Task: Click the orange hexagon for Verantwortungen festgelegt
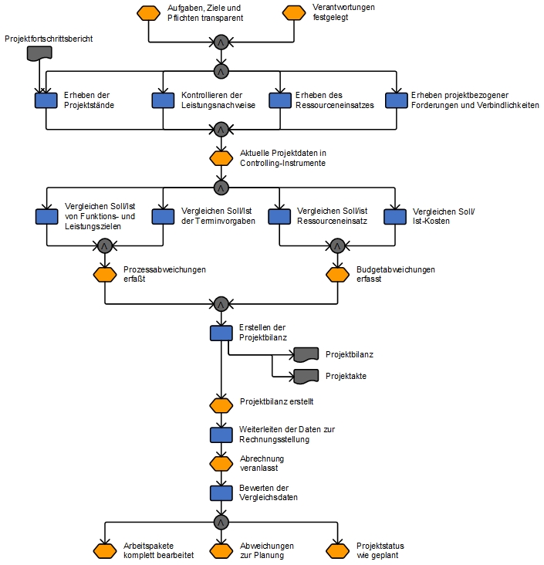point(294,12)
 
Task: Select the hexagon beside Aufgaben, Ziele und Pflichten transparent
point(148,13)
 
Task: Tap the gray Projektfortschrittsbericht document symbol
point(39,53)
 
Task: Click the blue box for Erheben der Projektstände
point(46,100)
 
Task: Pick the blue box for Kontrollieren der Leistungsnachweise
point(164,100)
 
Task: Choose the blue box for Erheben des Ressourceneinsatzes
point(280,100)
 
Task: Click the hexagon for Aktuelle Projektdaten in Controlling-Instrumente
point(221,158)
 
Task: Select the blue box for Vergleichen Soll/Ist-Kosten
point(395,217)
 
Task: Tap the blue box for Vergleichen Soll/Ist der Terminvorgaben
point(164,217)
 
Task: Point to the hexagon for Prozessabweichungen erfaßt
point(105,275)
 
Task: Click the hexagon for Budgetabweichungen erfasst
point(337,275)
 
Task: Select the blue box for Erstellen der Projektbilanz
point(221,333)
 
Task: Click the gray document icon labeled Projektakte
point(306,377)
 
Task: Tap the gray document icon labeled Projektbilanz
point(306,354)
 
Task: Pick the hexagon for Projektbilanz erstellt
point(221,406)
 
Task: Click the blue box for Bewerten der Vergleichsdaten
point(221,493)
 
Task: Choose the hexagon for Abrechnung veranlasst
point(221,464)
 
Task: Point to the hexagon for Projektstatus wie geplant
point(337,551)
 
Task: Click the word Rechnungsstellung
point(274,440)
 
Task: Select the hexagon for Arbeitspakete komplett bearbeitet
point(105,551)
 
